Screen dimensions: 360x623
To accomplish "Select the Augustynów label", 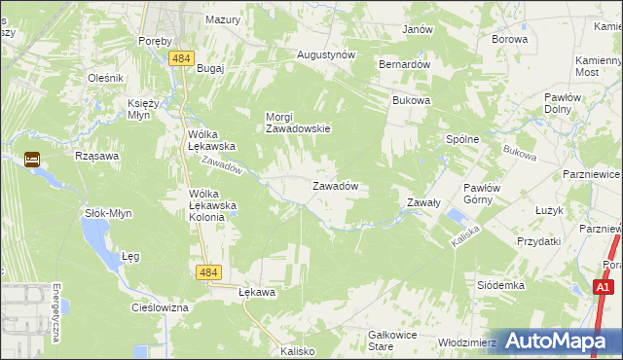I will (x=325, y=54).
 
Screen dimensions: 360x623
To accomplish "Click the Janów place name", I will (x=417, y=29).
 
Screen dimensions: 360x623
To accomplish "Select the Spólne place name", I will (x=462, y=139).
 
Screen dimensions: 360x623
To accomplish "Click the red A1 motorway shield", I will (x=604, y=287).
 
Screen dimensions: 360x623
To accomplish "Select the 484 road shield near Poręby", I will (x=179, y=59).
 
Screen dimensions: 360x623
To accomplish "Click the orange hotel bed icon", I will (x=32, y=160).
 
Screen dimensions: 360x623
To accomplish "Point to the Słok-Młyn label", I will (x=107, y=212).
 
